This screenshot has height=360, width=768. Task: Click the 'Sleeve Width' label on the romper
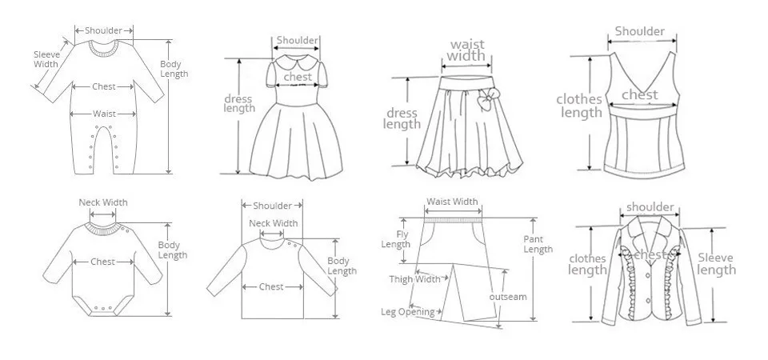46,58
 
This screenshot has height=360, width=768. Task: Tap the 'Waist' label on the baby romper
104,114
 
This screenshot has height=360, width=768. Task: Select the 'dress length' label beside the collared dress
238,104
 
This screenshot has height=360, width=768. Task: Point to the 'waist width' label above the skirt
466,50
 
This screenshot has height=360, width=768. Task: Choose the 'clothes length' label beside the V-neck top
580,106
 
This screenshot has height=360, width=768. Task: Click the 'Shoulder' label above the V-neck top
639,32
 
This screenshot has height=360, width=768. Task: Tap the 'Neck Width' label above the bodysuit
102,202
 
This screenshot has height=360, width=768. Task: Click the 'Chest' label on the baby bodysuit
102,262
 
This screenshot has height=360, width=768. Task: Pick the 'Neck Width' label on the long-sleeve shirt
274,223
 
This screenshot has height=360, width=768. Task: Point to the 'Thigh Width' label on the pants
414,279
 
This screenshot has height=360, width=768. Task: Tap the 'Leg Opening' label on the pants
407,312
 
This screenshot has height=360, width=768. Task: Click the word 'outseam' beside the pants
508,297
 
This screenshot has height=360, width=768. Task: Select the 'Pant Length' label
538,244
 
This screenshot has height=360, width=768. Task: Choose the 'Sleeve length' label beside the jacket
716,264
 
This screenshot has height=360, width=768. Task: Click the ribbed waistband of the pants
453,217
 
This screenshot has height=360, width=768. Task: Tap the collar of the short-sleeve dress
298,60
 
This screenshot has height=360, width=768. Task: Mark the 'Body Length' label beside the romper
174,69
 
